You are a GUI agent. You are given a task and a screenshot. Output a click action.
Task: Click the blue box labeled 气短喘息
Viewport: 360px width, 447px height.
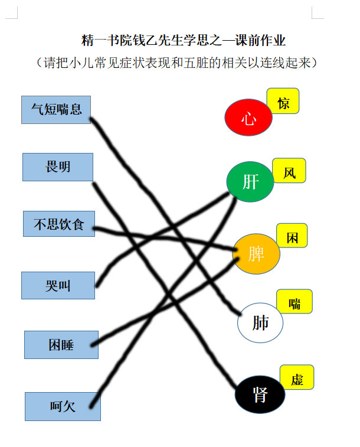tap(56, 110)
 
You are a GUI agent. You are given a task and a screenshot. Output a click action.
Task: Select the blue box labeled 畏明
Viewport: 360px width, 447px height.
tap(58, 167)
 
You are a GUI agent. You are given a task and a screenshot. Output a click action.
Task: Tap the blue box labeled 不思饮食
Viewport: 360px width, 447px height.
tap(59, 224)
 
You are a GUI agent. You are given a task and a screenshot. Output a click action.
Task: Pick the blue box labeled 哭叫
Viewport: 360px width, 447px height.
tap(58, 285)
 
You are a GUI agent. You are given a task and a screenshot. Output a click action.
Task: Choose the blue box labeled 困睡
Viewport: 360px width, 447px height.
tap(61, 345)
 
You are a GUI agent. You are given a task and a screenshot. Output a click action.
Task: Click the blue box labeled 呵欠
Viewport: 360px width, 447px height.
tap(63, 406)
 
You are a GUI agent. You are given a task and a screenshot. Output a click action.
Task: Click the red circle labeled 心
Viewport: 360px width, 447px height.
tap(248, 117)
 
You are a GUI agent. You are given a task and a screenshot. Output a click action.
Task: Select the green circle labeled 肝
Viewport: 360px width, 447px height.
tap(250, 182)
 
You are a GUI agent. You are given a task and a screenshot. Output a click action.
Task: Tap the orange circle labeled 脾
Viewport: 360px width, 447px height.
tap(256, 254)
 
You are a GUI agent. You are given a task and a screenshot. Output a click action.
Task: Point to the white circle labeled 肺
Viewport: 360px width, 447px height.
tap(260, 322)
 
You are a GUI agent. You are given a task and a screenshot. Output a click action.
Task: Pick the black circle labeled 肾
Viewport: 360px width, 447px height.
tap(260, 394)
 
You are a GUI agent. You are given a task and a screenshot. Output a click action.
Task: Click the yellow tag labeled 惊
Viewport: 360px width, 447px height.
tap(283, 101)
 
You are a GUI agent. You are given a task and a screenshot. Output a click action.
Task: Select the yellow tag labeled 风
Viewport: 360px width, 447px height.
tap(289, 171)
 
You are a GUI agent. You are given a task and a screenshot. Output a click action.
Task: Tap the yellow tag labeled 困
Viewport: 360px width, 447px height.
tap(292, 236)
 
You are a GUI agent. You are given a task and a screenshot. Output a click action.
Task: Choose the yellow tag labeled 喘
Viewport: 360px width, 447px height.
tap(294, 301)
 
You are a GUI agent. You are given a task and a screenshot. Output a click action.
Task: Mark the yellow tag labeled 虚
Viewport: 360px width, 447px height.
tap(297, 377)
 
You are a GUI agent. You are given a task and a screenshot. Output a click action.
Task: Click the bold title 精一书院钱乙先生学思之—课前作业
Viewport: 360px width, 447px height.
tap(183, 40)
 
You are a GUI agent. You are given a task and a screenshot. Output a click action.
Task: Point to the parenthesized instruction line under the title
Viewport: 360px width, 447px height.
tap(176, 63)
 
